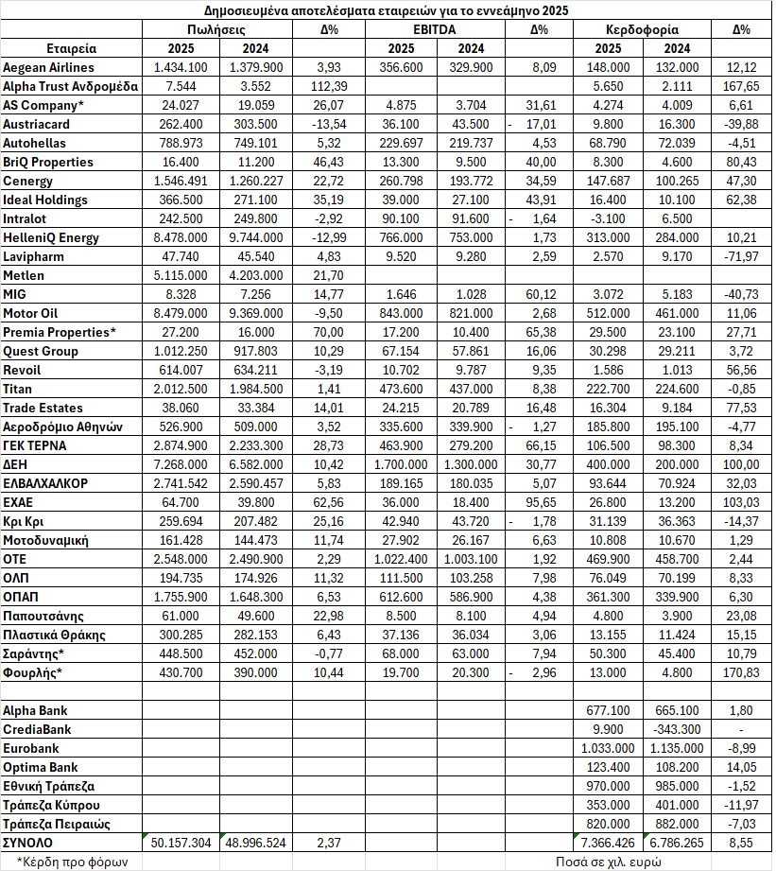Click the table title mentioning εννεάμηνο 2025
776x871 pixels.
(388, 10)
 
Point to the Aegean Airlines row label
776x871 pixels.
(48, 67)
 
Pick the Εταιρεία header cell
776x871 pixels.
(71, 48)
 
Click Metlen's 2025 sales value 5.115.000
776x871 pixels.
(182, 275)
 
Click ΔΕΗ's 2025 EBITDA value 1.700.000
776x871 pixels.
(400, 464)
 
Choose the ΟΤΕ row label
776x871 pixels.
(17, 559)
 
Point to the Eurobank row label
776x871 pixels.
(31, 748)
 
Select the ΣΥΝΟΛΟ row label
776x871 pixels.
(29, 842)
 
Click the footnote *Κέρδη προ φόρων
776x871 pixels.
(59, 862)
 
